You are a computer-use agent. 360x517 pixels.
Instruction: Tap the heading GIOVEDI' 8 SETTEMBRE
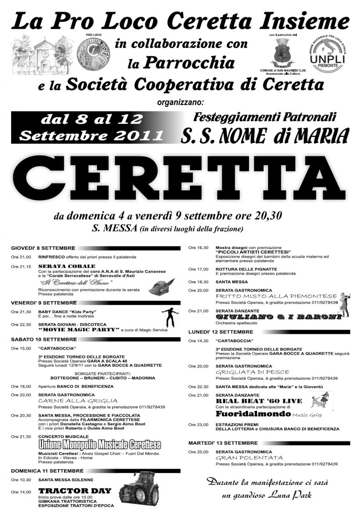pos(43,249)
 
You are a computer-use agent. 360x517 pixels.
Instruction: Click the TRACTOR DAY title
pos(68,490)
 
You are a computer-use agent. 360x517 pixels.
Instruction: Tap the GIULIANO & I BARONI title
pos(278,317)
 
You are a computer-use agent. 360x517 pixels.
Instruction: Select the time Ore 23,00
pos(198,425)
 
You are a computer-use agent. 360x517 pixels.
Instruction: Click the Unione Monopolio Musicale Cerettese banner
pos(99,444)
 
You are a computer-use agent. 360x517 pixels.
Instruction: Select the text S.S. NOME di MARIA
pos(266,135)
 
